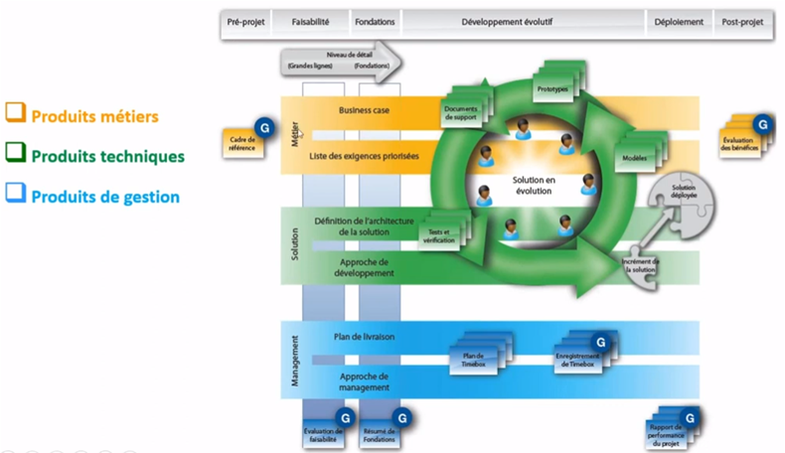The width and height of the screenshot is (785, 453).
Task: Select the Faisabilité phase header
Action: point(311,22)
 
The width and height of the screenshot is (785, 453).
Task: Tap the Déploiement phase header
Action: point(680,22)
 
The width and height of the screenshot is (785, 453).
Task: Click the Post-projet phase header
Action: point(744,22)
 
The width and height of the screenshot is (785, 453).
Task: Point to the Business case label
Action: point(363,111)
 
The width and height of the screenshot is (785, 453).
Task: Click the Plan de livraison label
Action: point(367,337)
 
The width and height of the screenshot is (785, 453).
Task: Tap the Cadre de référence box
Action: point(242,143)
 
